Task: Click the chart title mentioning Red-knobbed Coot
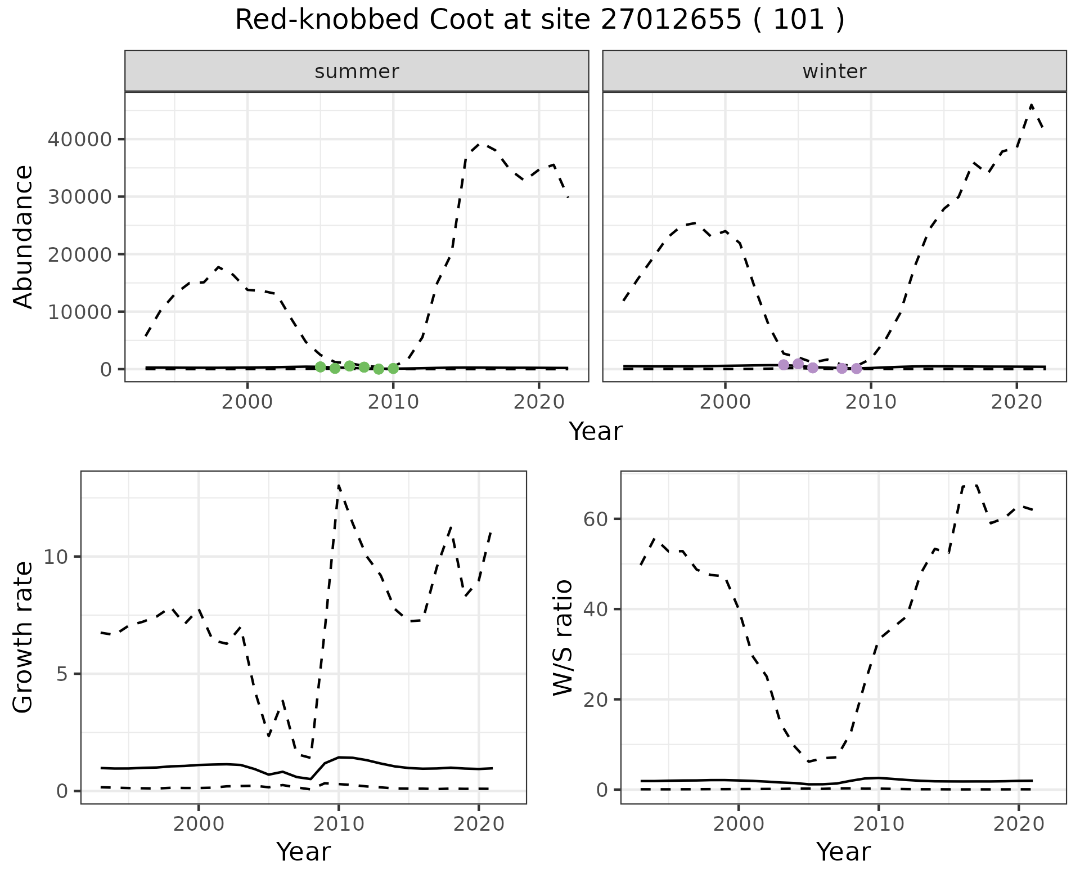pos(539,21)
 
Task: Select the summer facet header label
pos(357,71)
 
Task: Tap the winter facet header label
pos(834,71)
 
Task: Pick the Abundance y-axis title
pos(24,236)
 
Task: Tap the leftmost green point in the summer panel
pos(321,367)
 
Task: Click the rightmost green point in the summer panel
pos(393,369)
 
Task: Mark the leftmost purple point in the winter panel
pos(784,365)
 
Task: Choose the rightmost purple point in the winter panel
pos(856,369)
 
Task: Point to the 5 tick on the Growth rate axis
pos(62,674)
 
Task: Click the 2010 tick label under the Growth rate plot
pos(338,824)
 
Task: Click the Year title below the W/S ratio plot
pos(843,852)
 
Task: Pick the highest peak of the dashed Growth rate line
pos(339,485)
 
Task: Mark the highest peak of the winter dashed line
pos(1031,105)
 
